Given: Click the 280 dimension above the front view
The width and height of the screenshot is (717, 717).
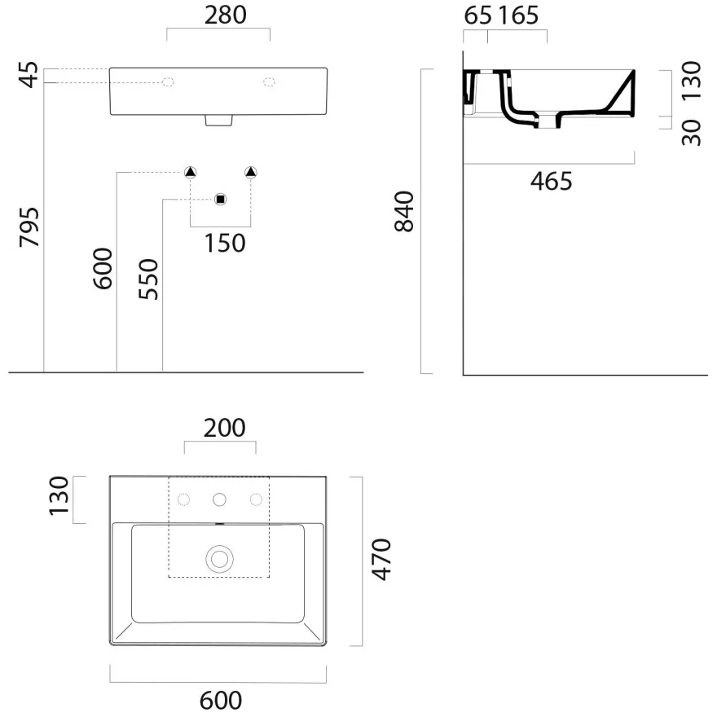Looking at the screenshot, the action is point(226,15).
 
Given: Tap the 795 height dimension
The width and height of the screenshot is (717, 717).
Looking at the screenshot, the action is point(29,227).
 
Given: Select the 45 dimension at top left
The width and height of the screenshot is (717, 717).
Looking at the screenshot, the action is point(29,74).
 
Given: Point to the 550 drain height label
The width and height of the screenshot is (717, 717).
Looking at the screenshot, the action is point(148,279).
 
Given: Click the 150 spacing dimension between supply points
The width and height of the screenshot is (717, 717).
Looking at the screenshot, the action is point(225,244).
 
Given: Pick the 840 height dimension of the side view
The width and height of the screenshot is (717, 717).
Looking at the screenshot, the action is point(404,212).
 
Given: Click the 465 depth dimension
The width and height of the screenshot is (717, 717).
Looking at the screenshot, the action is point(551,182).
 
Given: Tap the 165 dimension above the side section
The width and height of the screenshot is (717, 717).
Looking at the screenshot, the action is point(518,15).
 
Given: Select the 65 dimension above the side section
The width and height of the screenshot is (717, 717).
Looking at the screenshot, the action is point(477,15).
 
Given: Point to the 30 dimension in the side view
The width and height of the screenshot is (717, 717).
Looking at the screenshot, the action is point(691,133).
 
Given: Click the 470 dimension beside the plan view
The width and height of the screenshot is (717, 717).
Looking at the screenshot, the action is point(381,560).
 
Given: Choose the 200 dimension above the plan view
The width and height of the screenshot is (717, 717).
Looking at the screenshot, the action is point(225,428).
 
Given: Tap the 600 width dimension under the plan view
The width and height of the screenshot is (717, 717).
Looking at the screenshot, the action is point(221,700).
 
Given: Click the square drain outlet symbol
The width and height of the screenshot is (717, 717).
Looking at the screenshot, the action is point(221,200).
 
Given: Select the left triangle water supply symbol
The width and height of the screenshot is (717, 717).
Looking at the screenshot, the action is point(190,173).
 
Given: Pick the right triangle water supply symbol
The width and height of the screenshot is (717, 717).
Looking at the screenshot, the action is point(251,173).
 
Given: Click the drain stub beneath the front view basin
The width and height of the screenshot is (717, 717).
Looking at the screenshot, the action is point(218,121).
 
